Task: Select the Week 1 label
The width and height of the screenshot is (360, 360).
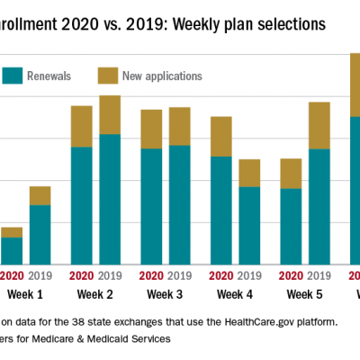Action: [25, 294]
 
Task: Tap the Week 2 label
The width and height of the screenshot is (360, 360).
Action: [95, 294]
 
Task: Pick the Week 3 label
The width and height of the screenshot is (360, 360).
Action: [165, 294]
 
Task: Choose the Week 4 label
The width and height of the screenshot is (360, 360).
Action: [235, 294]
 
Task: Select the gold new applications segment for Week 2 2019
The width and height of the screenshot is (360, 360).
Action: [110, 114]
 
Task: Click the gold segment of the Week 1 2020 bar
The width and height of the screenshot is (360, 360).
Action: [12, 232]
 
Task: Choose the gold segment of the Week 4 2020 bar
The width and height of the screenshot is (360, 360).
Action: [221, 136]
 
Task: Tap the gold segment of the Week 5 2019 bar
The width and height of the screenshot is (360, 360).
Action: [319, 125]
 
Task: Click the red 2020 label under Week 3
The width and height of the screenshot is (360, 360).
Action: [151, 275]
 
